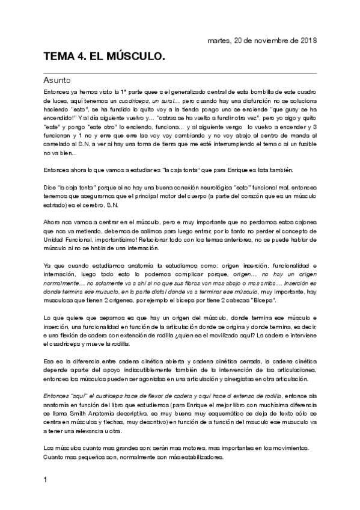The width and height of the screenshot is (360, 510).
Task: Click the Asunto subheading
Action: coord(58,79)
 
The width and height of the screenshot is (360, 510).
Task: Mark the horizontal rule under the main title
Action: coord(180,73)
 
